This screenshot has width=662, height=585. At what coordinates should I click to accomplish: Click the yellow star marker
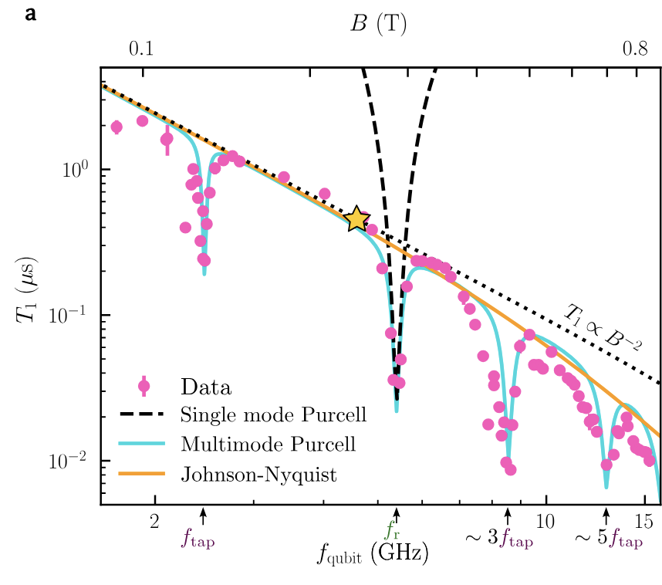click(356, 219)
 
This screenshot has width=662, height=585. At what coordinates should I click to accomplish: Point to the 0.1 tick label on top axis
click(140, 49)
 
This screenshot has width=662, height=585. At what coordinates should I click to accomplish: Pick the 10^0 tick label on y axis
click(76, 170)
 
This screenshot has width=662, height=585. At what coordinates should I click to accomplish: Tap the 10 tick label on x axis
click(545, 518)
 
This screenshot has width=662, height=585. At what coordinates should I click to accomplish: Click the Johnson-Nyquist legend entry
click(258, 475)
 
